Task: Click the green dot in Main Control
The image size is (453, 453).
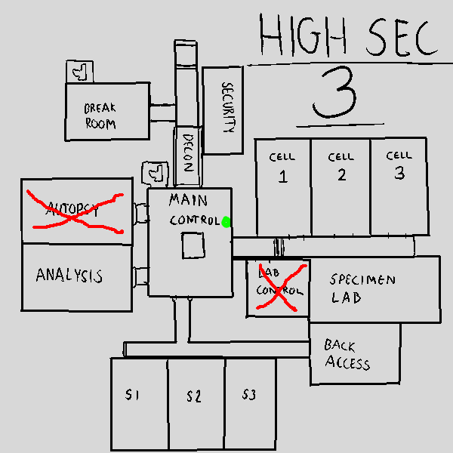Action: pyautogui.click(x=226, y=221)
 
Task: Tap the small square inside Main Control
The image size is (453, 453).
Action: pyautogui.click(x=193, y=245)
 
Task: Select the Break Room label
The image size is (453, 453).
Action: pyautogui.click(x=100, y=116)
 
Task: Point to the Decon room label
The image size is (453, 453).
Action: pyautogui.click(x=189, y=153)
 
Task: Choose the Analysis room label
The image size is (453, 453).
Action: pyautogui.click(x=69, y=276)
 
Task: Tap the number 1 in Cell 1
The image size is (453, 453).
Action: pyautogui.click(x=283, y=177)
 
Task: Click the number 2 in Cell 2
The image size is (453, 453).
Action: pyautogui.click(x=341, y=175)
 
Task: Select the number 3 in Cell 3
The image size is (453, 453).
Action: pyautogui.click(x=399, y=173)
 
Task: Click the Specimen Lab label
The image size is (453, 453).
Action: pyautogui.click(x=362, y=288)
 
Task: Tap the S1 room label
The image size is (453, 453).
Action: pyautogui.click(x=134, y=395)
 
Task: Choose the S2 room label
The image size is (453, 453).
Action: pyautogui.click(x=194, y=396)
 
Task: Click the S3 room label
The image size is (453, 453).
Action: pyautogui.click(x=250, y=394)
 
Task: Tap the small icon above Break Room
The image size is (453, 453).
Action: pyautogui.click(x=79, y=72)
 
